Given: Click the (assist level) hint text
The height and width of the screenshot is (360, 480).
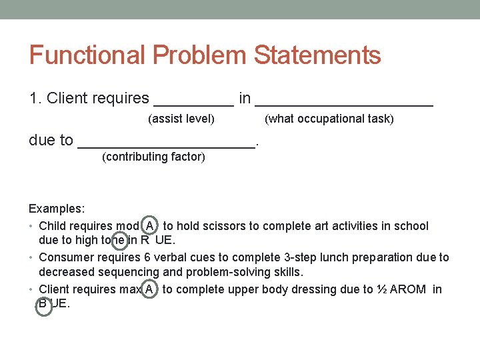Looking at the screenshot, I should [x=181, y=119].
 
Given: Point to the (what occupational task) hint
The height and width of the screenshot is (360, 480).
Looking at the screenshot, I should [x=329, y=119].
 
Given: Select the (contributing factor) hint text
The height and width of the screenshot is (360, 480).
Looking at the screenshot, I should [x=153, y=157].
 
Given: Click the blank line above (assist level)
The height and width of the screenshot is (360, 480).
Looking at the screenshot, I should [x=194, y=103].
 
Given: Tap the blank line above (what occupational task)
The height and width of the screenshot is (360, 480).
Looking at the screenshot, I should [x=344, y=103].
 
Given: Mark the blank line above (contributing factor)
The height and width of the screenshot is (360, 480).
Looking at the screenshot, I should [x=167, y=146].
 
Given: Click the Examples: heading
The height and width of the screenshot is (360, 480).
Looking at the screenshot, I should [x=57, y=209].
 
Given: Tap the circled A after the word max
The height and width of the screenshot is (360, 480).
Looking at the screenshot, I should [x=150, y=289].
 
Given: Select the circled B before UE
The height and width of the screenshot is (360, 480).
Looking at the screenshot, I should [x=43, y=304].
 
